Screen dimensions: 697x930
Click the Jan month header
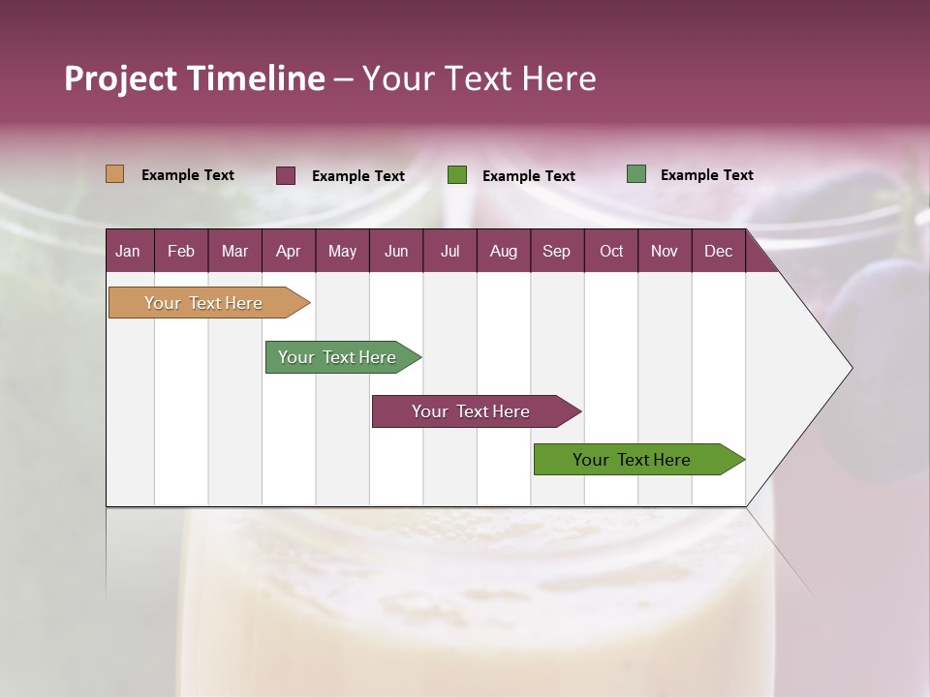click(128, 251)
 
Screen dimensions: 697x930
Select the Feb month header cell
click(181, 251)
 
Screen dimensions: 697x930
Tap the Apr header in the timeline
click(288, 251)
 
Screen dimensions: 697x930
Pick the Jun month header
click(396, 251)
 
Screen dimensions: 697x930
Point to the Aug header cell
click(503, 251)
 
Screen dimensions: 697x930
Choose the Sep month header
click(556, 251)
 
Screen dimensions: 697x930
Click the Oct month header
click(611, 251)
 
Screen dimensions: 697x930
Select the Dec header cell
click(718, 251)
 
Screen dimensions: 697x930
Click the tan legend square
click(115, 174)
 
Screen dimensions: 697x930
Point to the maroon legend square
click(286, 175)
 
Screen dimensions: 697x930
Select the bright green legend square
click(457, 175)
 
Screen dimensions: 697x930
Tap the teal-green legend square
click(636, 174)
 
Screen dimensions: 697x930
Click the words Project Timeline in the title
click(195, 78)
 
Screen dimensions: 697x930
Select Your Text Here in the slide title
click(480, 78)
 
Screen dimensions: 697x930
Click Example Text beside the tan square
click(188, 175)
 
